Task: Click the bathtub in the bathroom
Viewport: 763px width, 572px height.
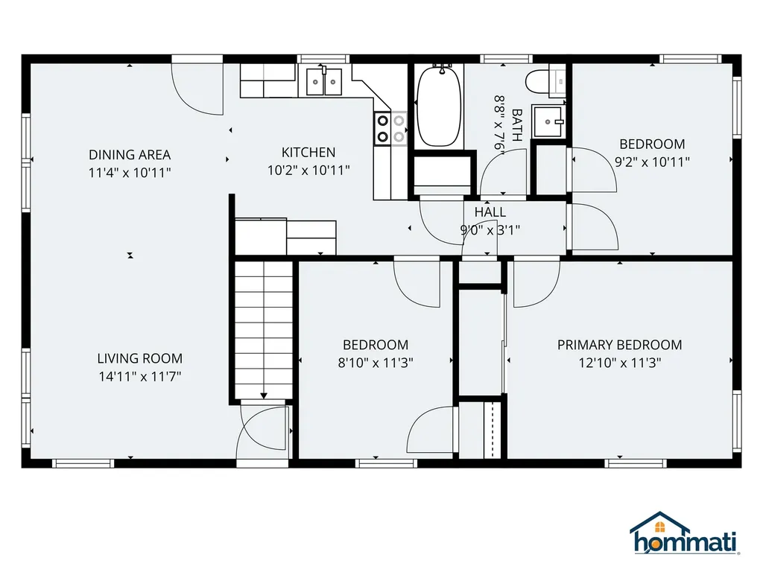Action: pyautogui.click(x=439, y=106)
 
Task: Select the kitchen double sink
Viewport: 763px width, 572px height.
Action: pyautogui.click(x=323, y=82)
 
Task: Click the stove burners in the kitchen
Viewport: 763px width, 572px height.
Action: pyautogui.click(x=390, y=128)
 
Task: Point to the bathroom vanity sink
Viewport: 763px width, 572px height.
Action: pyautogui.click(x=548, y=121)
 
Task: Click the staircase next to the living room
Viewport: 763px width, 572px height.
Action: pyautogui.click(x=263, y=330)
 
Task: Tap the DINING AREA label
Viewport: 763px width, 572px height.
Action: pyautogui.click(x=130, y=155)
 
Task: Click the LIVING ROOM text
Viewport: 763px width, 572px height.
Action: pyautogui.click(x=139, y=358)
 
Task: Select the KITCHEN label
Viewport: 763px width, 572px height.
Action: pyautogui.click(x=308, y=152)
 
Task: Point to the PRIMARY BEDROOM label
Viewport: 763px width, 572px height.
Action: pyautogui.click(x=619, y=345)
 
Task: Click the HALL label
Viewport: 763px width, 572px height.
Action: pyautogui.click(x=490, y=212)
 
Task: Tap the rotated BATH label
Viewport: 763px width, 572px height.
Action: pyautogui.click(x=517, y=125)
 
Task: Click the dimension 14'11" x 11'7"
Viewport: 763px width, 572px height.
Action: pyautogui.click(x=139, y=376)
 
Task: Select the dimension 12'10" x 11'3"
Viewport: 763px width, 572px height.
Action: pyautogui.click(x=619, y=363)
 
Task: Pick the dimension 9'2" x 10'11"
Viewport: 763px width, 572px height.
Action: pyautogui.click(x=652, y=162)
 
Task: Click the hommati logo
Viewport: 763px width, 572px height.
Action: pyautogui.click(x=685, y=534)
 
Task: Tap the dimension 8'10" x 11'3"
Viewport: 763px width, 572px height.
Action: pyautogui.click(x=376, y=363)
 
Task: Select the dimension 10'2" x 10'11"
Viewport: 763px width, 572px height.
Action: pyautogui.click(x=308, y=171)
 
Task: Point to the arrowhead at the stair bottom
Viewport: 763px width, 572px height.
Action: pyautogui.click(x=263, y=396)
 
